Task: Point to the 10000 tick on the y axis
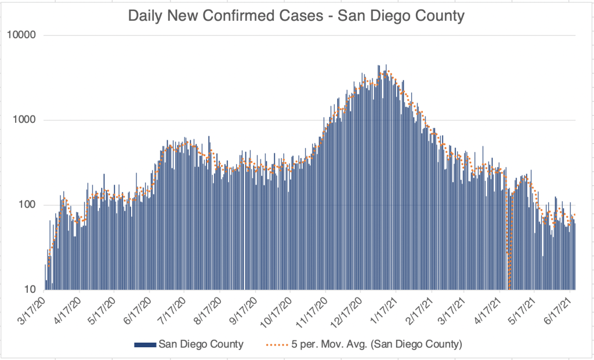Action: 22,35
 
